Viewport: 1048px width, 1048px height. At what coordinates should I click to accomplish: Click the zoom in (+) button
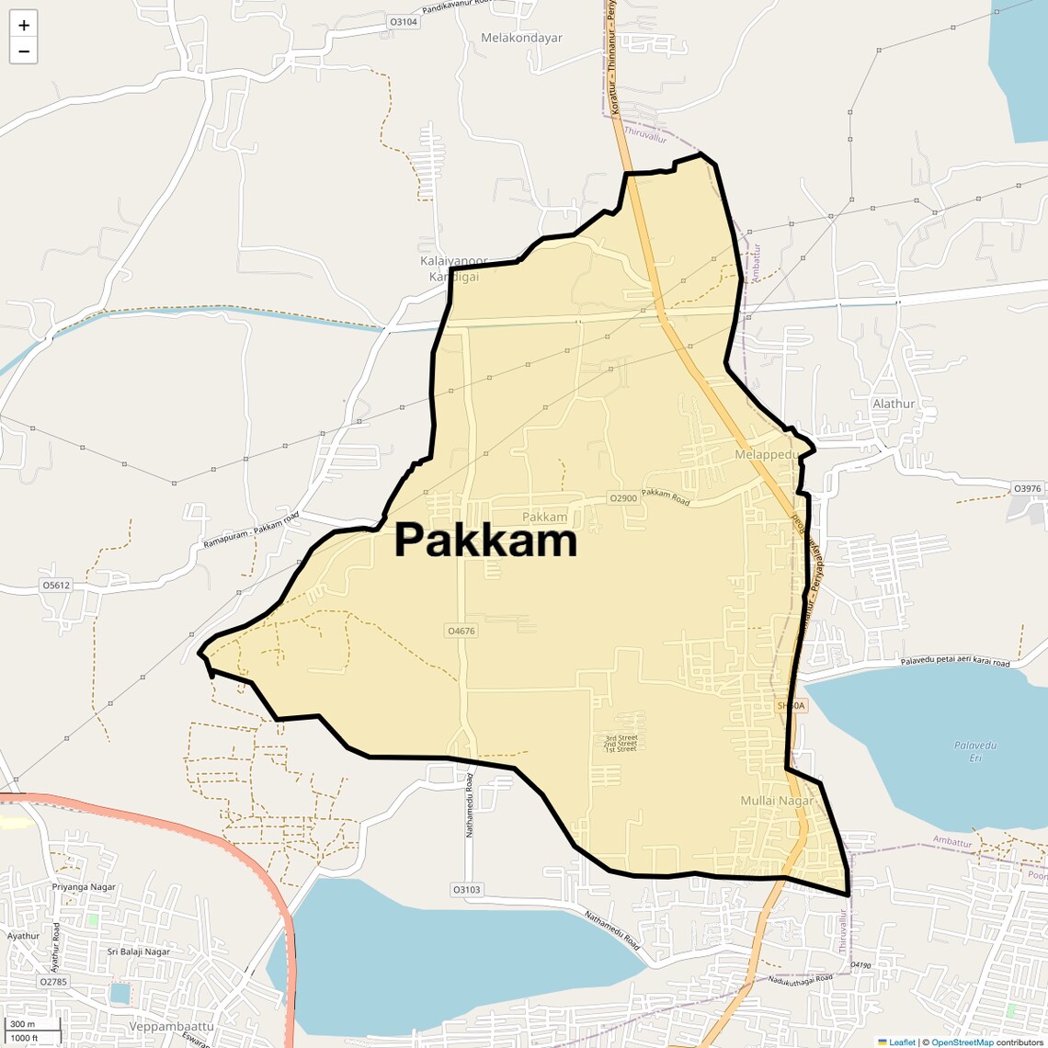[x=24, y=26]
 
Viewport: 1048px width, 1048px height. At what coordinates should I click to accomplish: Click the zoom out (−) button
[x=24, y=51]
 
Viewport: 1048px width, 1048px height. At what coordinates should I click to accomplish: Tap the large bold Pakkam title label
[x=485, y=541]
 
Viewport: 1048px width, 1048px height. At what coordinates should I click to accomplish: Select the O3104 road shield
[x=404, y=21]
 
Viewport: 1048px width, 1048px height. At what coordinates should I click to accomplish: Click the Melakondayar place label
[x=521, y=38]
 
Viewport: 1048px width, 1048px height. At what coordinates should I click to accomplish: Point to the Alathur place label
[x=894, y=404]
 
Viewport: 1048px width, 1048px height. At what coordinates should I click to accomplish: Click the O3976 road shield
[x=1027, y=488]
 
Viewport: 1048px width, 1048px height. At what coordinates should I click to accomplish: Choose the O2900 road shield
[x=622, y=498]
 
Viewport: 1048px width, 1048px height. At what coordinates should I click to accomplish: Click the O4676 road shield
[x=461, y=631]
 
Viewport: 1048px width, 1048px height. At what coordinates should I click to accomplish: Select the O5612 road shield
[x=55, y=585]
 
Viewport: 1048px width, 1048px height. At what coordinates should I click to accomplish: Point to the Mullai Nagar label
[x=777, y=801]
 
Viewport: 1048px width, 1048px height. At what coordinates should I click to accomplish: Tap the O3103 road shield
[x=467, y=890]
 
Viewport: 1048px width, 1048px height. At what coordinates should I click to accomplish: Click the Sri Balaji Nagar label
[x=139, y=951]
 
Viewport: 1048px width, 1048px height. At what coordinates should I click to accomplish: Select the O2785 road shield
[x=53, y=982]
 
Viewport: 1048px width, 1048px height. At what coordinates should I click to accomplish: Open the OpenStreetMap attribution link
[x=963, y=1042]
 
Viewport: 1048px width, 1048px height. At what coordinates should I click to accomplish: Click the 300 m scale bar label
[x=22, y=1024]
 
